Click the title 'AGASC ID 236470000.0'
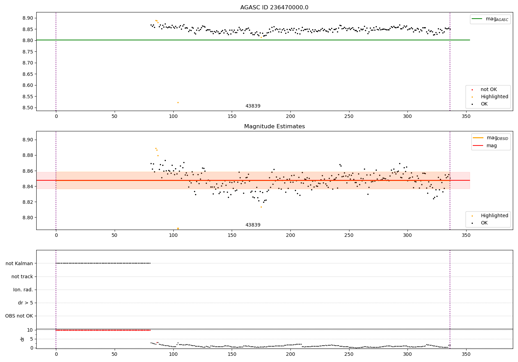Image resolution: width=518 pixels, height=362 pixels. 274,8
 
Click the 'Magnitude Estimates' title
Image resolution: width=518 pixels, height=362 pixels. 274,127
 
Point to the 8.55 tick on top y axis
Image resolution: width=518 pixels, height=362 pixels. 27,97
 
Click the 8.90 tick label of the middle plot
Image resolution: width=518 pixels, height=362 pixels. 27,140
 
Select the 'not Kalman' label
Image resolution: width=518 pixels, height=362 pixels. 19,263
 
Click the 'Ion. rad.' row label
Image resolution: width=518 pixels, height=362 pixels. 23,290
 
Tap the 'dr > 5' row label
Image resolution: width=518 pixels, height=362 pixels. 26,303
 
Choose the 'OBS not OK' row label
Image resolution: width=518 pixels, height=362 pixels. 19,316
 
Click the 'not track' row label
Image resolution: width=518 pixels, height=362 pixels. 22,276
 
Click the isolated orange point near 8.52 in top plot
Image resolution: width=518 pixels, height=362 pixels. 178,102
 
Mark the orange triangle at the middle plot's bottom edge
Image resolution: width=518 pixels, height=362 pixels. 178,229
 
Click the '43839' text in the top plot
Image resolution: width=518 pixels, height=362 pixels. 253,106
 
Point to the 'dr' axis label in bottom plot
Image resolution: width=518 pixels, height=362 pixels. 22,339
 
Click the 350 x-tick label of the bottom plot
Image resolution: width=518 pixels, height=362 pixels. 466,354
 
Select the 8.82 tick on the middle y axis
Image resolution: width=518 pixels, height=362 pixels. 27,202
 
